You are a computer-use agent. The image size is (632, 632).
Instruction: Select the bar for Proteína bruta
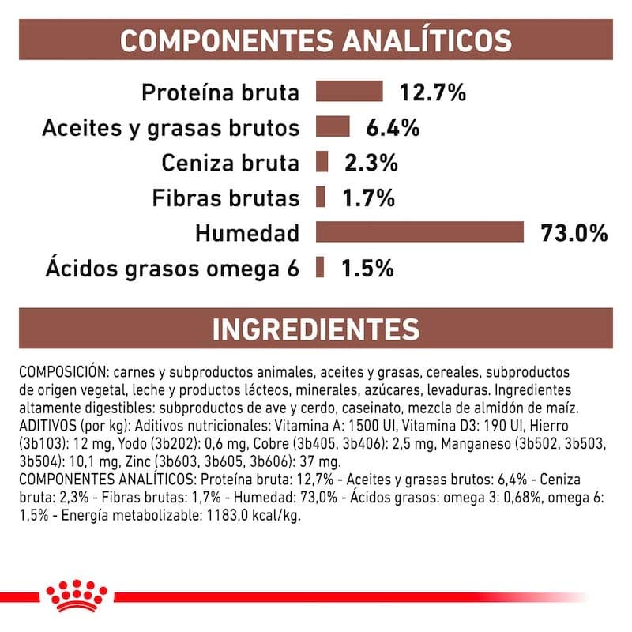tap(349, 92)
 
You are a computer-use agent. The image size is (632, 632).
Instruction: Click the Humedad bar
tap(420, 232)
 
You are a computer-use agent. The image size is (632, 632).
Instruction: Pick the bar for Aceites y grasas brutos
tap(333, 127)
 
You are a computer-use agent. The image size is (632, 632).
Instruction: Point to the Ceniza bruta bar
tap(322, 163)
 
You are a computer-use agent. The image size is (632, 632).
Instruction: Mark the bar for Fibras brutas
tap(320, 197)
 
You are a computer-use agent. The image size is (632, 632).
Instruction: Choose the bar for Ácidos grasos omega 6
tap(320, 267)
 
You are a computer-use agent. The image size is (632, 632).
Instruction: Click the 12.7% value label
tap(432, 92)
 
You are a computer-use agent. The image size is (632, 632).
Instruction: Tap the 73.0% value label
tap(574, 233)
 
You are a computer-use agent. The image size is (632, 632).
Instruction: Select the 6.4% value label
tap(392, 128)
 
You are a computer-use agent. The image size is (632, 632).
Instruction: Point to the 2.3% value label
tap(371, 164)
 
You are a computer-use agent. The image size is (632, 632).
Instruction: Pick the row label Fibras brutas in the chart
tap(229, 198)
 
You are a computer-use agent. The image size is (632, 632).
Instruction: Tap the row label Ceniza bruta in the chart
tap(230, 164)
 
